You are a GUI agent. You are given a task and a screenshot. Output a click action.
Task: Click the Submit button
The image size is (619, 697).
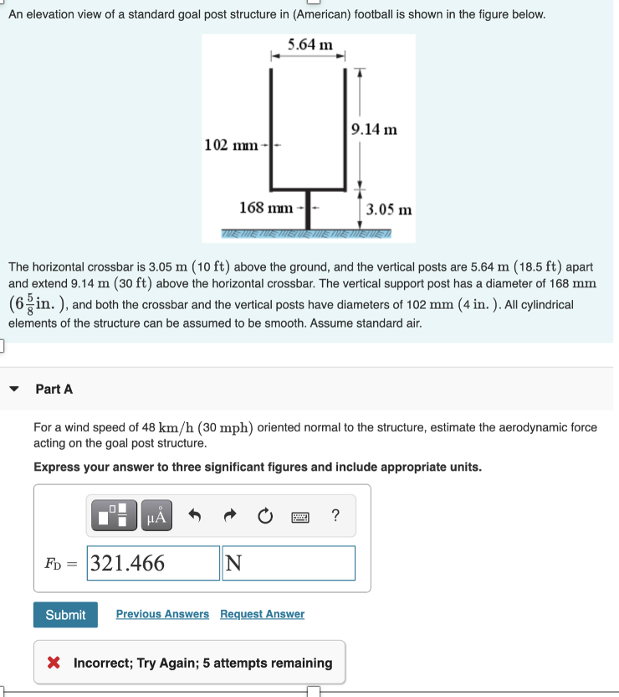click(65, 615)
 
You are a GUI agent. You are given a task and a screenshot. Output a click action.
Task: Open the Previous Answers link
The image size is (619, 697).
click(162, 614)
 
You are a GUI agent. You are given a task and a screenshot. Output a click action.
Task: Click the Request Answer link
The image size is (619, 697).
click(262, 614)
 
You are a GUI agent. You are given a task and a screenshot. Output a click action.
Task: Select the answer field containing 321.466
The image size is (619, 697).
click(153, 563)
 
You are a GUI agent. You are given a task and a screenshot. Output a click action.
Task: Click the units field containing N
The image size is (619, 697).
click(288, 563)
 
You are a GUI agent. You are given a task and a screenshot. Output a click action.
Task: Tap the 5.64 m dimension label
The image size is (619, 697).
click(309, 44)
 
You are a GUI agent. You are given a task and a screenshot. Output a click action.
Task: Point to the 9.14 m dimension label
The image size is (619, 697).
click(374, 129)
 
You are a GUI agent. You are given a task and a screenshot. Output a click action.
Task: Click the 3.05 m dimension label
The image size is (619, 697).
click(389, 209)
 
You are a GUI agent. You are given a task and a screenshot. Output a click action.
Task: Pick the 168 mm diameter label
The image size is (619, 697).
click(266, 207)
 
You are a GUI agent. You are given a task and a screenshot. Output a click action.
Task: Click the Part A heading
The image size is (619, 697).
click(54, 389)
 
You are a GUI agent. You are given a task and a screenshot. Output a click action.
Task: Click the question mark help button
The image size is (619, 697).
click(335, 516)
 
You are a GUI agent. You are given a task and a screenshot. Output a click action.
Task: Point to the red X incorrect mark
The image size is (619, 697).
click(54, 663)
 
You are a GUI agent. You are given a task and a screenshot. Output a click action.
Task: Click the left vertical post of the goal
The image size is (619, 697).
click(272, 126)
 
